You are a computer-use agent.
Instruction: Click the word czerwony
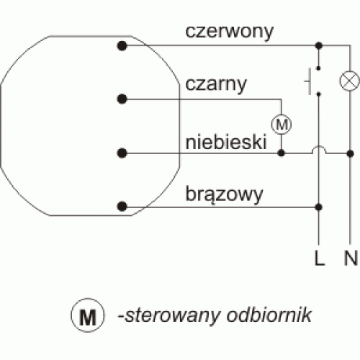pyautogui.click(x=229, y=32)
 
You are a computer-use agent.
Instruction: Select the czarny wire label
pyautogui.click(x=216, y=85)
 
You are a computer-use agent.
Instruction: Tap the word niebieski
pyautogui.click(x=226, y=142)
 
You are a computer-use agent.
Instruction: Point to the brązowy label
pyautogui.click(x=224, y=195)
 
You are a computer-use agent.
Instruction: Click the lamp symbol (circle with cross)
pyautogui.click(x=350, y=81)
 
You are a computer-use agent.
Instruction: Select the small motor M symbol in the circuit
pyautogui.click(x=282, y=125)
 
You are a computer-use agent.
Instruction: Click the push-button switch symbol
pyautogui.click(x=312, y=81)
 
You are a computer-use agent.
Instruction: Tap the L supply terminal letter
pyautogui.click(x=320, y=258)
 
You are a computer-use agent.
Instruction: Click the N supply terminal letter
pyautogui.click(x=351, y=258)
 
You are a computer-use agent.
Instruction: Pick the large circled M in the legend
pyautogui.click(x=88, y=315)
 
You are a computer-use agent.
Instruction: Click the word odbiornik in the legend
pyautogui.click(x=269, y=315)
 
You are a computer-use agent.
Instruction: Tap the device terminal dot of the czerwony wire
pyautogui.click(x=122, y=45)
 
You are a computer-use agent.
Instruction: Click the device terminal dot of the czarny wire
pyautogui.click(x=122, y=99)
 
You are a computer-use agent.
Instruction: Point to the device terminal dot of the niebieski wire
pyautogui.click(x=122, y=153)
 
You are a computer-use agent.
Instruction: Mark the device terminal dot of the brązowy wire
pyautogui.click(x=122, y=207)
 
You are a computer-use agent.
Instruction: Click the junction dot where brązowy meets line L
pyautogui.click(x=319, y=207)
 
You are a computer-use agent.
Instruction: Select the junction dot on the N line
pyautogui.click(x=350, y=153)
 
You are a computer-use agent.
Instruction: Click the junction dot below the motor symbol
pyautogui.click(x=282, y=153)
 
